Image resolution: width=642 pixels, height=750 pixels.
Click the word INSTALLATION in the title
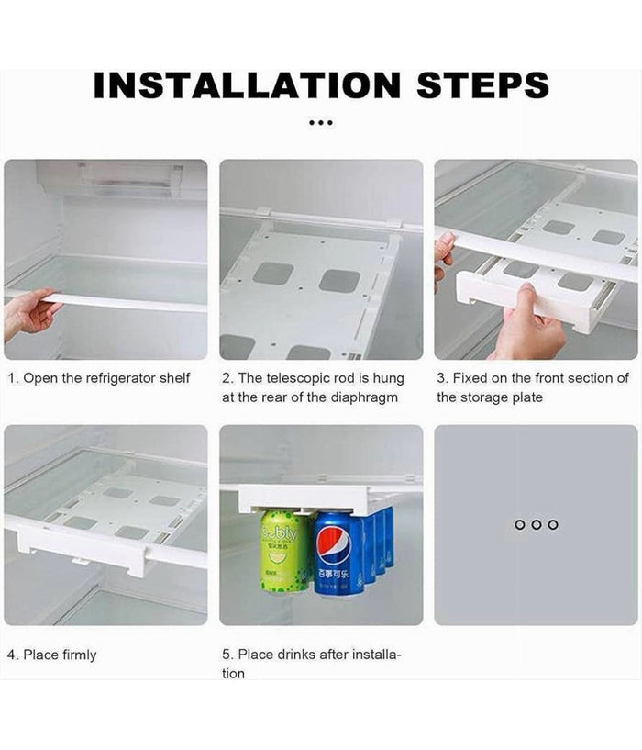pos(247,85)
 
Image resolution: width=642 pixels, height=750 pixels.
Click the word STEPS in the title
pos(482,85)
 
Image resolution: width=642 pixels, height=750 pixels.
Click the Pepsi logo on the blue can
pos(334,545)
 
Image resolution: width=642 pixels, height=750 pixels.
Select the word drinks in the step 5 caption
pos(293,654)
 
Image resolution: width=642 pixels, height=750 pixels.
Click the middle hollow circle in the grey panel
pos(537,525)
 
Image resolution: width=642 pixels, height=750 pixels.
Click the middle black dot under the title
pos(321,123)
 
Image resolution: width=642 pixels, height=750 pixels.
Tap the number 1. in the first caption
pos(13,378)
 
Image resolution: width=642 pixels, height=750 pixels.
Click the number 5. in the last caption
pos(227,654)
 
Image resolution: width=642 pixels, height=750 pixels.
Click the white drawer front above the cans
pos(304,499)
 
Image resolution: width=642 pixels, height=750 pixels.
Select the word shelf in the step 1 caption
pos(175,378)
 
